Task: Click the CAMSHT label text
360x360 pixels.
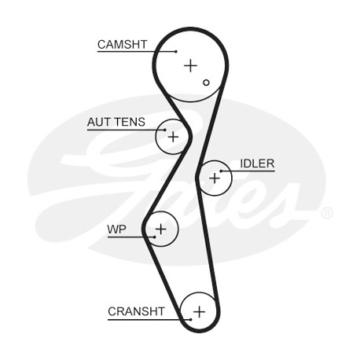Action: [122, 45]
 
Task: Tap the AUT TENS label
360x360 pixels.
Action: [116, 122]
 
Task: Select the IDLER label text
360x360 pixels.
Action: [257, 163]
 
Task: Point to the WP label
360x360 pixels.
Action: [116, 230]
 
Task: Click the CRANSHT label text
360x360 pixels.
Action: [136, 311]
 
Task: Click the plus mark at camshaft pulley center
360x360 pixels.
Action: [190, 65]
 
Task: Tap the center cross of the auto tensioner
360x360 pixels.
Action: [173, 137]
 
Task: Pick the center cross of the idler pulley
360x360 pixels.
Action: [215, 178]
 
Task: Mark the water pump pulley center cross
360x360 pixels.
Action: [161, 230]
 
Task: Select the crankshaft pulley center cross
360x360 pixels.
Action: [200, 312]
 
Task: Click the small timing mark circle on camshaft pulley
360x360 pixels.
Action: [206, 83]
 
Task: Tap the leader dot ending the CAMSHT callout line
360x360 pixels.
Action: [176, 51]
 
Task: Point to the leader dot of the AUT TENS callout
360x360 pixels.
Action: [165, 130]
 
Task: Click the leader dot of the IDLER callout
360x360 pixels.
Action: [221, 171]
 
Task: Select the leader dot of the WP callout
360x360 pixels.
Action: [155, 237]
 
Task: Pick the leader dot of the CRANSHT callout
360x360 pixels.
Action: [191, 319]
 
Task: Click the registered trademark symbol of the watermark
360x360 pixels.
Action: [327, 213]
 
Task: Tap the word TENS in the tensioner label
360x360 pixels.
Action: [130, 122]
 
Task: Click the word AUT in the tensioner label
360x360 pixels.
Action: [99, 122]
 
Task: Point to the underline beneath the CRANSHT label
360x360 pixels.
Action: [149, 320]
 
